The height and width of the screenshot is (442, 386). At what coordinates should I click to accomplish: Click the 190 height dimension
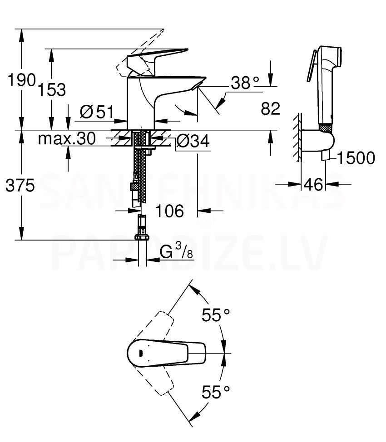pyautogui.click(x=22, y=80)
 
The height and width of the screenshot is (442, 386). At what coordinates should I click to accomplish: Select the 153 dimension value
pyautogui.click(x=52, y=90)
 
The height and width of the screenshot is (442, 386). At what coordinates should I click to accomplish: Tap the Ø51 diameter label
pyautogui.click(x=97, y=112)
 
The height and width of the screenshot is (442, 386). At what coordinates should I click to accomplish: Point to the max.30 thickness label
pyautogui.click(x=67, y=138)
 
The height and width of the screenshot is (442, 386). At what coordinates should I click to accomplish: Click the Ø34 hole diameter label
pyautogui.click(x=193, y=141)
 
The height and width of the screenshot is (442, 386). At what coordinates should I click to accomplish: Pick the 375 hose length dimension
pyautogui.click(x=20, y=186)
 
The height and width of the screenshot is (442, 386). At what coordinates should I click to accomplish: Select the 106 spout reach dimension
pyautogui.click(x=169, y=211)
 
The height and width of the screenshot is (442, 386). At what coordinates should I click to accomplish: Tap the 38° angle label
pyautogui.click(x=245, y=83)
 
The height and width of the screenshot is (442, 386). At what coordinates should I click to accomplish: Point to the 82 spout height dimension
pyautogui.click(x=270, y=108)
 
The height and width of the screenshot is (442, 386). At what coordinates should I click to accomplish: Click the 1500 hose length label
pyautogui.click(x=356, y=157)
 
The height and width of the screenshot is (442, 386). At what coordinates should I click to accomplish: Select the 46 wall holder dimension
pyautogui.click(x=313, y=184)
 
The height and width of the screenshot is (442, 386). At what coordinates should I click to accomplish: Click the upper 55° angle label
pyautogui.click(x=216, y=315)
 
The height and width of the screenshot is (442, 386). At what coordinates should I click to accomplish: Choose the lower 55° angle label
pyautogui.click(x=216, y=392)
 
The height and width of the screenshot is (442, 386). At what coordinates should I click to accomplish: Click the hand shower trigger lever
pyautogui.click(x=312, y=66)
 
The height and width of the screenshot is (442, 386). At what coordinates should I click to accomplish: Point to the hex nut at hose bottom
pyautogui.click(x=142, y=236)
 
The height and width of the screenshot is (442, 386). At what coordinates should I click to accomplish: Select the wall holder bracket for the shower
pyautogui.click(x=318, y=141)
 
